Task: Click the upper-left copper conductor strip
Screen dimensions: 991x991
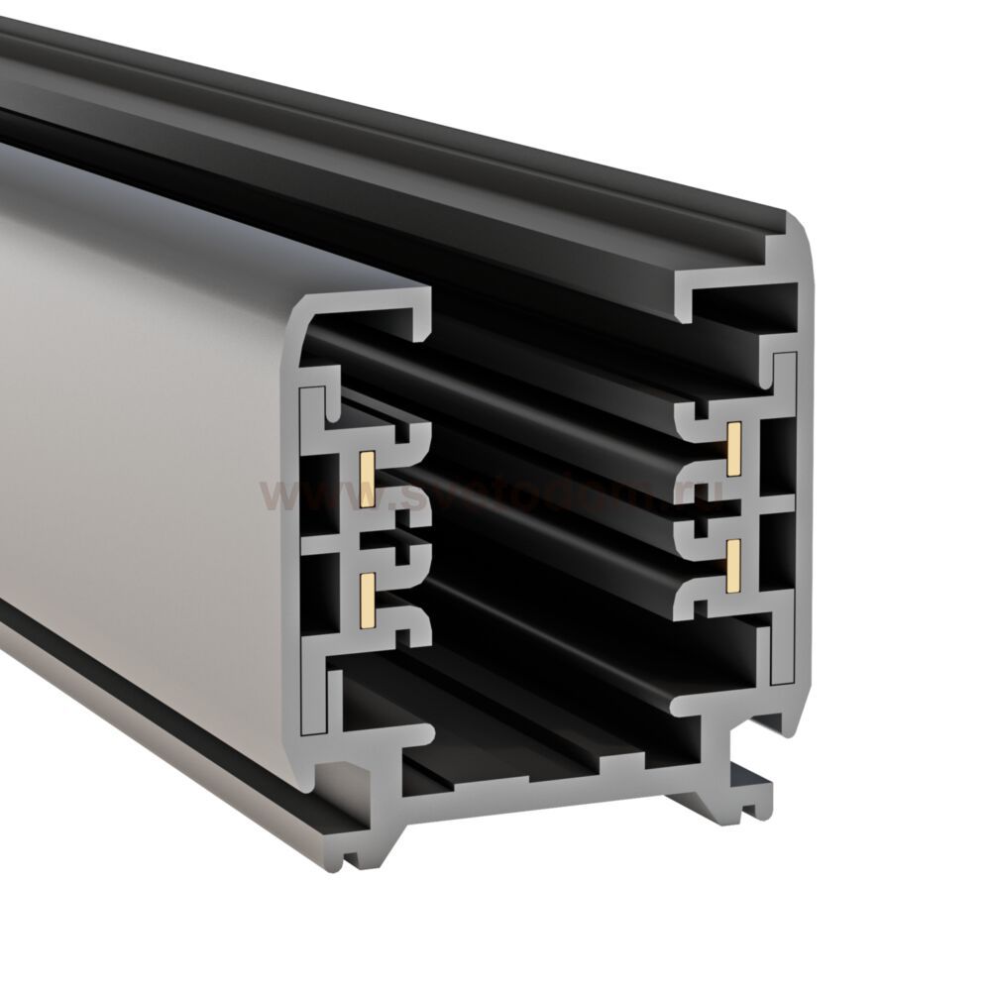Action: coord(365,479)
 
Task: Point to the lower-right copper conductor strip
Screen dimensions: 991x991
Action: coord(736,564)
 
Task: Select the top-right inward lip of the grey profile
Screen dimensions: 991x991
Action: coord(686,297)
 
